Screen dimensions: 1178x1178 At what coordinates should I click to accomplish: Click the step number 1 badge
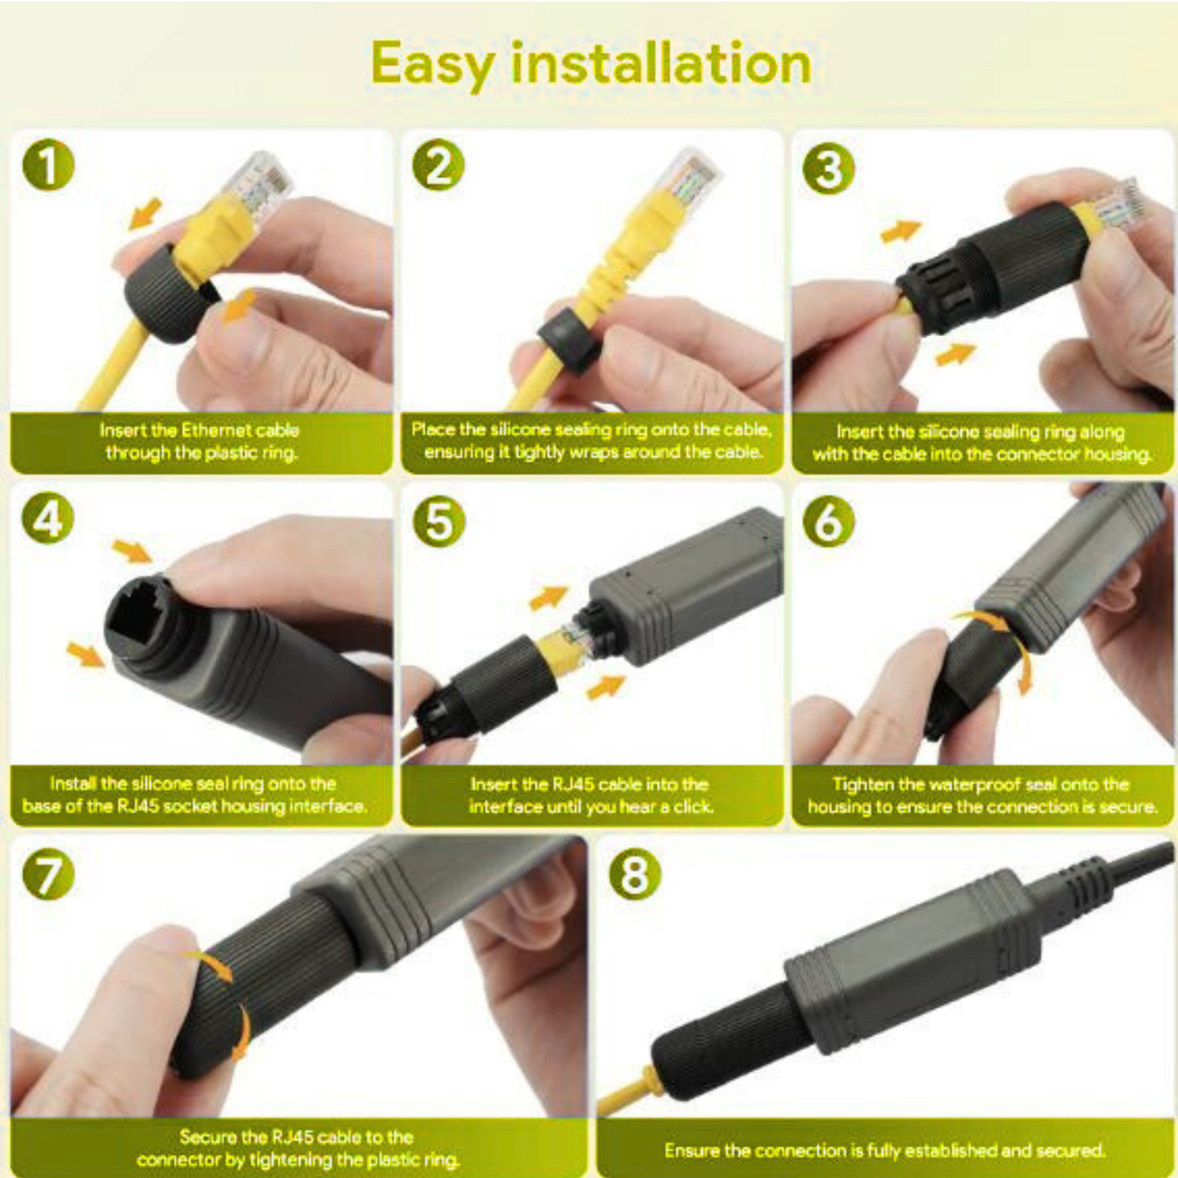click(48, 165)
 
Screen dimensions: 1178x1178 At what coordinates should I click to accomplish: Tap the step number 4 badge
click(48, 519)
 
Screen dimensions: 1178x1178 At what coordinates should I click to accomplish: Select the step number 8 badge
click(635, 874)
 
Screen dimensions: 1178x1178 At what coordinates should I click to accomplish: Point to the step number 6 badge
click(828, 521)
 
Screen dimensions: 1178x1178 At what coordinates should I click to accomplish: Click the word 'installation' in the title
click(660, 64)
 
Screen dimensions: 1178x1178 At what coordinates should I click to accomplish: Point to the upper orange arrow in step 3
click(901, 232)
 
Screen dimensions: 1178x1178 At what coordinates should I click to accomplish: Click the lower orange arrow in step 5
click(605, 686)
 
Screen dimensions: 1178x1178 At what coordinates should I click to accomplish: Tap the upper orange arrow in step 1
click(146, 214)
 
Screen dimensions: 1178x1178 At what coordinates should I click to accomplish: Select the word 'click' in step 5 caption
click(693, 807)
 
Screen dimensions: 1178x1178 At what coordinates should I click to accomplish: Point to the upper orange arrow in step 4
click(132, 551)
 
